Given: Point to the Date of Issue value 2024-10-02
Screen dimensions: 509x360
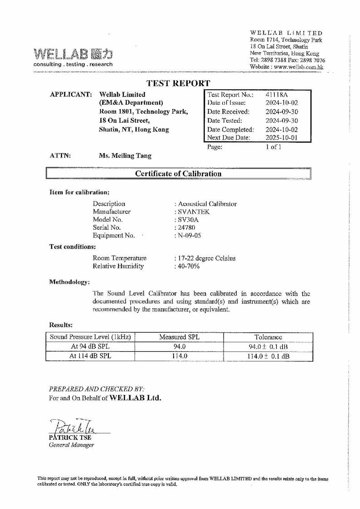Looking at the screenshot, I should pos(282,103).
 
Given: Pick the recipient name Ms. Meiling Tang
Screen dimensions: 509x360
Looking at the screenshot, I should pos(125,156).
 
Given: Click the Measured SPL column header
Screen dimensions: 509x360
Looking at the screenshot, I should pos(180,337).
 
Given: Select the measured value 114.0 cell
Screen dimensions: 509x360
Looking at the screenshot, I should pos(180,356).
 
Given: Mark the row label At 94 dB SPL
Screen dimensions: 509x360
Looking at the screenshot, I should pos(90,347).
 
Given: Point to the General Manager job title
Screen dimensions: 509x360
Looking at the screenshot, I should pos(71,445).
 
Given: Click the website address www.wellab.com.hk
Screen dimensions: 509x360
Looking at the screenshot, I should pos(299,67).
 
